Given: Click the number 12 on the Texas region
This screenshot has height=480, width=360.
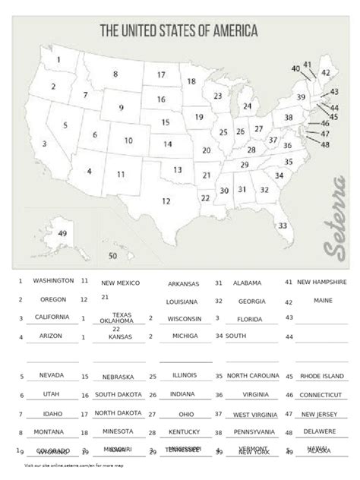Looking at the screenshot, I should (166, 201).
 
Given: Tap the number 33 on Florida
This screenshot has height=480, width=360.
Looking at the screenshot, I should (283, 226).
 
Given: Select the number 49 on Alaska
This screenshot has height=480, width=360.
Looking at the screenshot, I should (62, 232).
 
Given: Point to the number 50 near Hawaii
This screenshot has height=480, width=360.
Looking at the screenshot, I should (113, 256).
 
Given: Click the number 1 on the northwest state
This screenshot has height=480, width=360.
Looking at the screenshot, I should (58, 60).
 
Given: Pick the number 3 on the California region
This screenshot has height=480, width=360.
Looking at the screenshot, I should (45, 143).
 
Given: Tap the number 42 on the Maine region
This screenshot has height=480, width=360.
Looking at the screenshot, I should (325, 72).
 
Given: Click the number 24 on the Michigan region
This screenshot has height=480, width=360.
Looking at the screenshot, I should (247, 106).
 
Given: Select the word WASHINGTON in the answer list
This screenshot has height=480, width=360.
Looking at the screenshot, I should (53, 280).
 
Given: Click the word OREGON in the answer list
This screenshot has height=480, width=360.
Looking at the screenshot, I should (53, 298).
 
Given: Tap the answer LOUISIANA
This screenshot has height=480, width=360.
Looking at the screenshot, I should (183, 301).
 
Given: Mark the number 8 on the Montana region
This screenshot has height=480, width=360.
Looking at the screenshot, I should (115, 74).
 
